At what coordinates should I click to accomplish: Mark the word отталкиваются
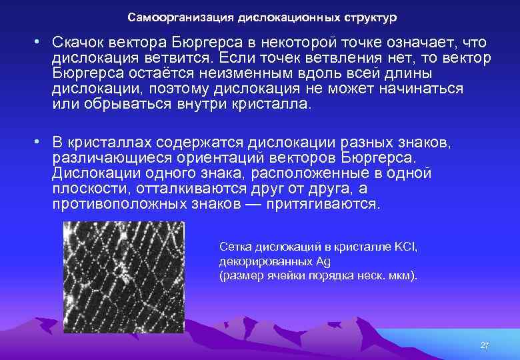tap(193, 189)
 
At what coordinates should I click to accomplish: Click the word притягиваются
tap(323, 204)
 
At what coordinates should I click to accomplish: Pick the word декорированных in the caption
tap(260, 261)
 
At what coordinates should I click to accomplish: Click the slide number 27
tap(485, 345)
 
